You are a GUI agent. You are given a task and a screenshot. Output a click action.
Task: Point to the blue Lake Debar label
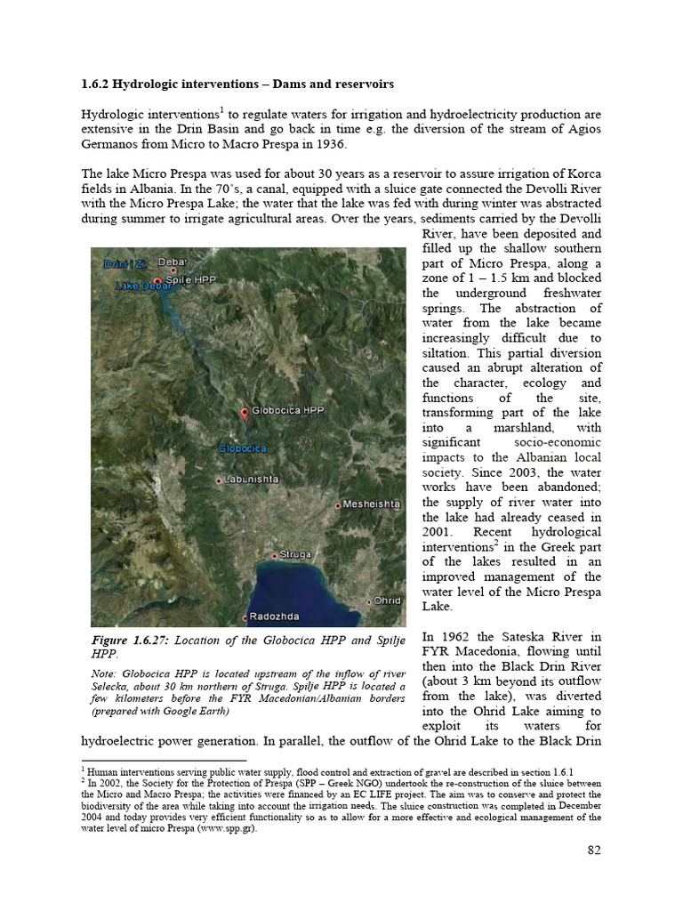[x=143, y=287]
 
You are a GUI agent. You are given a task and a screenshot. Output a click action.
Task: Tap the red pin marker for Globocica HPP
[x=245, y=414]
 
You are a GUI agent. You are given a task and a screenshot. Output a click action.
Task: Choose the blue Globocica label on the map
[x=243, y=448]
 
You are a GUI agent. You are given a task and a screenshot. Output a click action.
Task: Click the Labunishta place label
[x=252, y=480]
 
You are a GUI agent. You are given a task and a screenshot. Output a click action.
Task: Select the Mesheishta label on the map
[x=372, y=504]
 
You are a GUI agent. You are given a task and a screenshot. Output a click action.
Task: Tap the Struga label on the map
[x=295, y=554]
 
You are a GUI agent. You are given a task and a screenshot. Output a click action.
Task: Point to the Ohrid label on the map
[x=387, y=601]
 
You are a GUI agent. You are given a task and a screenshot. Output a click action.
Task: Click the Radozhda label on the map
[x=275, y=617]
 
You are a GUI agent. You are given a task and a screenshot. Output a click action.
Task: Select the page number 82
[x=594, y=850]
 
